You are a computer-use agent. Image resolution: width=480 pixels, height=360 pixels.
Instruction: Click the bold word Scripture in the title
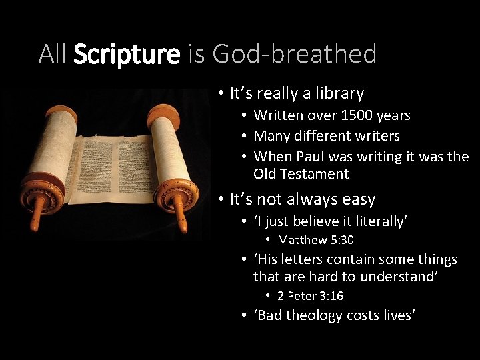pos(127,54)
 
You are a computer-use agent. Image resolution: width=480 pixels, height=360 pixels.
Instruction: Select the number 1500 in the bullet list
pos(357,115)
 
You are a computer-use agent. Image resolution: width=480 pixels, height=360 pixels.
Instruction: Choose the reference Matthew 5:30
pos(315,239)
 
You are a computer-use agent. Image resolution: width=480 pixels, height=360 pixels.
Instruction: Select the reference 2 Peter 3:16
pos(311,295)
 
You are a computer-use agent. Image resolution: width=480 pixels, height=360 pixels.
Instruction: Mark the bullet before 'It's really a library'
pos(220,93)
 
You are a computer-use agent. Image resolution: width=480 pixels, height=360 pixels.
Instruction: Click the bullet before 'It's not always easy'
pos(220,199)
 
